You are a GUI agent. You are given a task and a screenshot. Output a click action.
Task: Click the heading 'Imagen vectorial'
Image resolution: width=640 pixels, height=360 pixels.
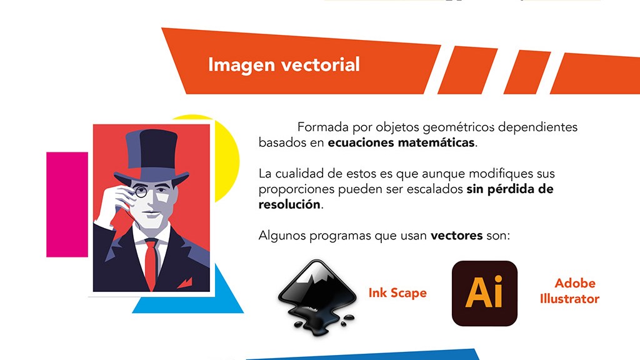coord(284,65)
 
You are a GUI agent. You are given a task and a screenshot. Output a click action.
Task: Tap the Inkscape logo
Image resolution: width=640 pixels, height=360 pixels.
coord(317,297)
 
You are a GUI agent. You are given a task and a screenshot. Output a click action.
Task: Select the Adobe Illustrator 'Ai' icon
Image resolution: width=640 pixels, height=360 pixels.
coord(484,294)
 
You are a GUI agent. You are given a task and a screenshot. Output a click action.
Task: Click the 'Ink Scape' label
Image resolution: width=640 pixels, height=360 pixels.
coord(397,293)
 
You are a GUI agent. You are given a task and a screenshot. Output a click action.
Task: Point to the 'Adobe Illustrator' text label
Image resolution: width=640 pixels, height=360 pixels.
coord(569,291)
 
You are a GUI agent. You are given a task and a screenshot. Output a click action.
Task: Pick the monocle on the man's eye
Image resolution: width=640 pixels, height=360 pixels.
coord(141,191)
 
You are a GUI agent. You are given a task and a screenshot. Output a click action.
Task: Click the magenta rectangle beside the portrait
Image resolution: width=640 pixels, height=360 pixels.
coord(67,204)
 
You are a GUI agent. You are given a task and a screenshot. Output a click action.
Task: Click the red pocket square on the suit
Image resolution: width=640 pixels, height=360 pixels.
coord(185,282)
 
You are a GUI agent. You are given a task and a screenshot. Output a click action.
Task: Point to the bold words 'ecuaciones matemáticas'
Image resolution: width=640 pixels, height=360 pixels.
coord(401,142)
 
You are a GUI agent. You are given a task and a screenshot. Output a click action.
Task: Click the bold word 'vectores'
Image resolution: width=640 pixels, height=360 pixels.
coord(457,236)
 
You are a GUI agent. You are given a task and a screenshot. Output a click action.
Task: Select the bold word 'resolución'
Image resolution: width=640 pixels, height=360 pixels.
coord(289,204)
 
